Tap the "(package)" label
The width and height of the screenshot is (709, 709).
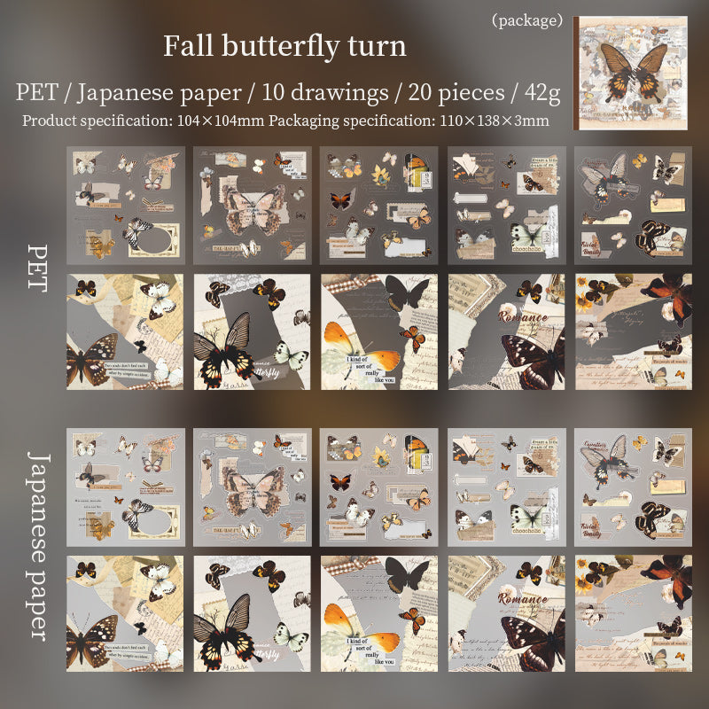point(527,19)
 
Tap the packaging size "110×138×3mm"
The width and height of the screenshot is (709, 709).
point(490,120)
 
